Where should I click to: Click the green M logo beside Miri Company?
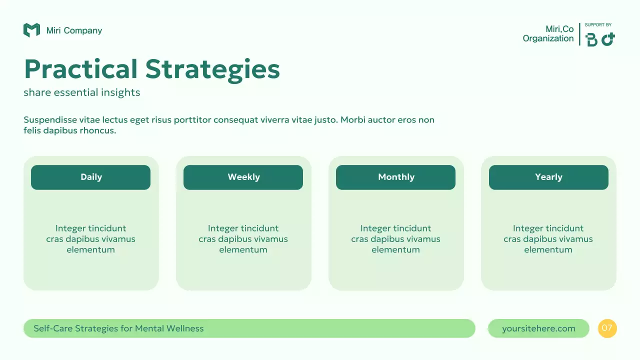tap(31, 30)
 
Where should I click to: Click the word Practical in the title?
tap(80, 69)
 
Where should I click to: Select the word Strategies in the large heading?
tap(212, 70)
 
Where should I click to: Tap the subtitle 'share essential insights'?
tap(81, 92)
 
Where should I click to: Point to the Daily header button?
tap(90, 177)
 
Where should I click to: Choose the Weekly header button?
tap(243, 177)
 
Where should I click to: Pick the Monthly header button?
tap(395, 177)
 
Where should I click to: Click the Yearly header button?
tap(548, 177)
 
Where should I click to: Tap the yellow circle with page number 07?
tap(607, 328)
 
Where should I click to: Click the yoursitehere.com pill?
tap(538, 328)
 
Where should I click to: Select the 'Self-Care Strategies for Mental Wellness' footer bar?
tap(249, 328)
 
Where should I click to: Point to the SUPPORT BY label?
tap(598, 25)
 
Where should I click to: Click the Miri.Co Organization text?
tap(548, 34)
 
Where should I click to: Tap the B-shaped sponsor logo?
tap(591, 39)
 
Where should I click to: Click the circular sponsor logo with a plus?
tap(608, 39)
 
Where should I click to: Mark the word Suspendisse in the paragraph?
tap(50, 120)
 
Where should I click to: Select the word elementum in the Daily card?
tap(90, 250)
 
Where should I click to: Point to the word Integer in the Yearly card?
tap(527, 228)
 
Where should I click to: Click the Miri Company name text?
tap(74, 30)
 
